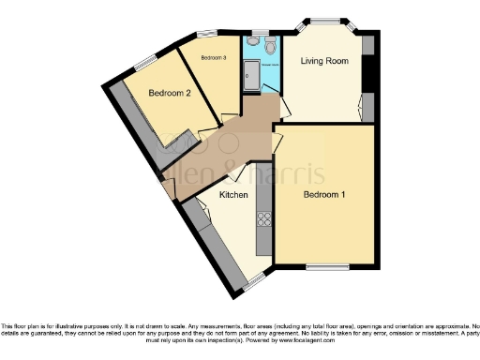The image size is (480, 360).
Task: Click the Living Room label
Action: pyautogui.click(x=324, y=61)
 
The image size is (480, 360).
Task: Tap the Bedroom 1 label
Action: pyautogui.click(x=324, y=195)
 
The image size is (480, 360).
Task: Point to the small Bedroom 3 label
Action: pyautogui.click(x=214, y=57)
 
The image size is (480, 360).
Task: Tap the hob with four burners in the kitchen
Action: pyautogui.click(x=263, y=220)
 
